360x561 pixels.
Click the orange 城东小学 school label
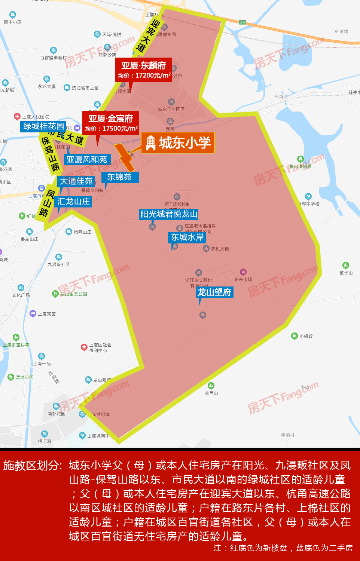178,143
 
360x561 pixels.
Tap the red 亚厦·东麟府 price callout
144,70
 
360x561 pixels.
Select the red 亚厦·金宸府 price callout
111,123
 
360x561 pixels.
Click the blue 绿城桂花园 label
43,126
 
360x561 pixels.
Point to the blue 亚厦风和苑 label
86,160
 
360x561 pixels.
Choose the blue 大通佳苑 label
76,181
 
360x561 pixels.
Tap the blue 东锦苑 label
119,177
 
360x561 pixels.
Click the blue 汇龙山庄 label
73,202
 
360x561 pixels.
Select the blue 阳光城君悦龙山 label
169,214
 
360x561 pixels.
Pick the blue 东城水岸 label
187,237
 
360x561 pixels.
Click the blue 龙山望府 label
214,292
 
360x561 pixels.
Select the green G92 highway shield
242,23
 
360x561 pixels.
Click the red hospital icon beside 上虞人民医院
17,116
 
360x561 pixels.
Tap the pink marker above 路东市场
243,272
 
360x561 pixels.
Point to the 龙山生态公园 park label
73,294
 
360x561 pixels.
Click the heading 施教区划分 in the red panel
33,466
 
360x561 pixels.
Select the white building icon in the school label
150,143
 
